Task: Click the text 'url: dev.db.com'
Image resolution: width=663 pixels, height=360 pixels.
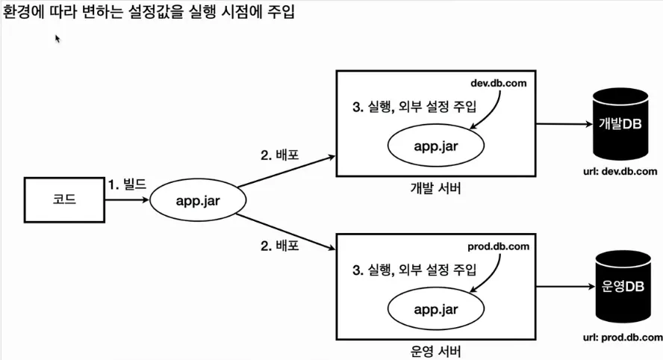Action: tap(620, 171)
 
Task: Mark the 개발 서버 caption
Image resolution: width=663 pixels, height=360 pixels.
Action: tap(436, 188)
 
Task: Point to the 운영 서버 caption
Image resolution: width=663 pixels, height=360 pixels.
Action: tap(436, 351)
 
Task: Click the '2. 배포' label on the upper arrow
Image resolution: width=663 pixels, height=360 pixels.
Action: tap(280, 156)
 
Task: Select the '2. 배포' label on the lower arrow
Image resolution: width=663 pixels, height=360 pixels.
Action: tap(280, 244)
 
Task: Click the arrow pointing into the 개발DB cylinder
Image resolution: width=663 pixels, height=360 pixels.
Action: tap(561, 123)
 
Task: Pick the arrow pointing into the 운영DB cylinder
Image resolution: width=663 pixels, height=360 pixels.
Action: tap(561, 286)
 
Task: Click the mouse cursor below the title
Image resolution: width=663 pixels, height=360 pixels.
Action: tap(57, 39)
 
